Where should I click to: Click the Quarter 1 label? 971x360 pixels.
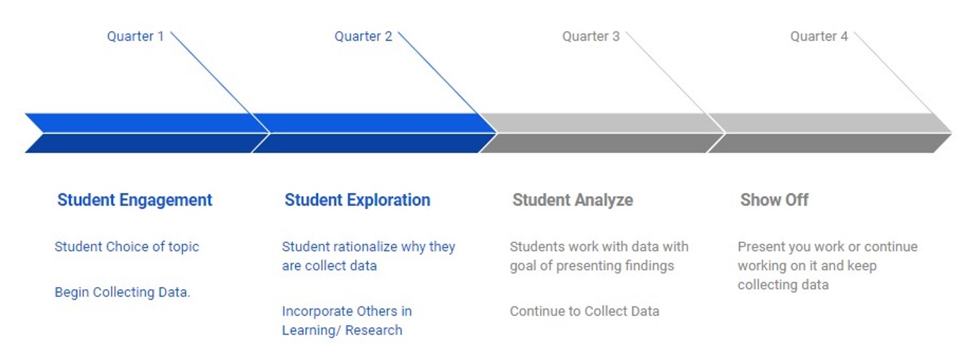coord(135,36)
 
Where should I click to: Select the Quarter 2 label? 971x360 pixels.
coord(363,36)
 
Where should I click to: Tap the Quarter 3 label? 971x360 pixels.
coord(591,36)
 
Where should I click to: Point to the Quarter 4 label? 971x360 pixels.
coord(819,36)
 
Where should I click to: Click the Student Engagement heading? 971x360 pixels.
coord(135,200)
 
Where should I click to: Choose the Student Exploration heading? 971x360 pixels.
coord(357,200)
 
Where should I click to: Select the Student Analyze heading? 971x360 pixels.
coord(573,200)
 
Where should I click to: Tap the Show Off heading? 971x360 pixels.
coord(774,200)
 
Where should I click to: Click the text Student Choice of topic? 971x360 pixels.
coord(126,247)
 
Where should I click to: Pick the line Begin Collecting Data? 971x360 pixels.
coord(122,292)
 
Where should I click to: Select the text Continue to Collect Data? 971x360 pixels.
coord(585,311)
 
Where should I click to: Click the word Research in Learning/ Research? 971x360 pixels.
coord(374,330)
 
